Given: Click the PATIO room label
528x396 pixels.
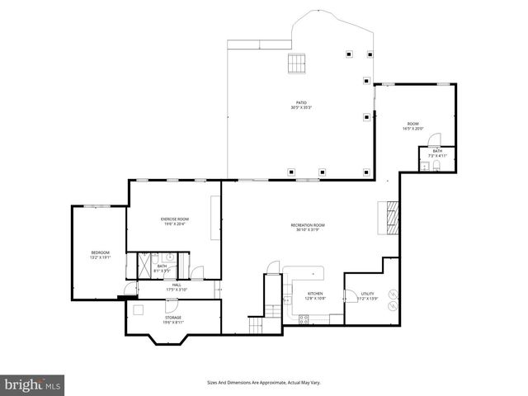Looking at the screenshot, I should pos(300,105).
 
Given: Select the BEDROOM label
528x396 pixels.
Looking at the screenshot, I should pos(99,254).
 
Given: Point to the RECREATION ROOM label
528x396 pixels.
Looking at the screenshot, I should pos(307,227).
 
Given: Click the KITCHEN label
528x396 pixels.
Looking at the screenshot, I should pos(315,295).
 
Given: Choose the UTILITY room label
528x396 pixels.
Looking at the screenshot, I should pos(367,295).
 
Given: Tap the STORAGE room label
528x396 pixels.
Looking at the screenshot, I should pos(172,319).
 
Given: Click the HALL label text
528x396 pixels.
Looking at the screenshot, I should pos(177,287).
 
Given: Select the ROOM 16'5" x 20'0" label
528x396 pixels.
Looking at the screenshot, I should pos(412,126).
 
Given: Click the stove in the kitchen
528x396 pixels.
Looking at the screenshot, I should pos(304,319).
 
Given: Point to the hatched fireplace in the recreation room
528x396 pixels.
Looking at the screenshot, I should pos(388,216).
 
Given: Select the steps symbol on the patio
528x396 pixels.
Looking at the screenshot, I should pos(295,64).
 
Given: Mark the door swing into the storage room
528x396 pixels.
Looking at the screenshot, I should pos(139,309).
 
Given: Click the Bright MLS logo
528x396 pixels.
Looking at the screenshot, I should pos(33,384).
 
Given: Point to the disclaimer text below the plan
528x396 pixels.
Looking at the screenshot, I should pos(263,382).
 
